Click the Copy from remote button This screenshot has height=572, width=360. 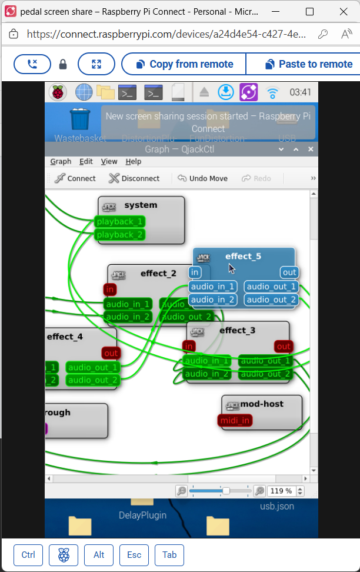[x=184, y=64]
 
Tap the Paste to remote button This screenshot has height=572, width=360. [x=308, y=64]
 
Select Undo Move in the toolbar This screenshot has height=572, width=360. [x=202, y=178]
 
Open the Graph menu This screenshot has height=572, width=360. [x=61, y=161]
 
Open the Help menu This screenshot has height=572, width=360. [x=134, y=161]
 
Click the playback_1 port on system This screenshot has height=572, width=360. [x=119, y=222]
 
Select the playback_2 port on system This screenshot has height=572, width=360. [x=119, y=235]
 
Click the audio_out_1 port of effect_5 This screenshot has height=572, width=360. [x=271, y=287]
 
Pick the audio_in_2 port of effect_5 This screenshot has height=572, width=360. [x=213, y=300]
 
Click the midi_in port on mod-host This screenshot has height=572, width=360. [x=235, y=420]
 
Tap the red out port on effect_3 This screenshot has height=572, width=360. [x=284, y=347]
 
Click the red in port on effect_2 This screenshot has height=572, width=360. [x=109, y=290]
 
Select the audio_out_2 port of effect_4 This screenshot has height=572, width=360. [x=93, y=380]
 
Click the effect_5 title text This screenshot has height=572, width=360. [x=243, y=257]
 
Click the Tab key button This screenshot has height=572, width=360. [x=169, y=555]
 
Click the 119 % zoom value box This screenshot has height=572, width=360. [x=281, y=491]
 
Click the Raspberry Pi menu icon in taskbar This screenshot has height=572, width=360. [x=58, y=92]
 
